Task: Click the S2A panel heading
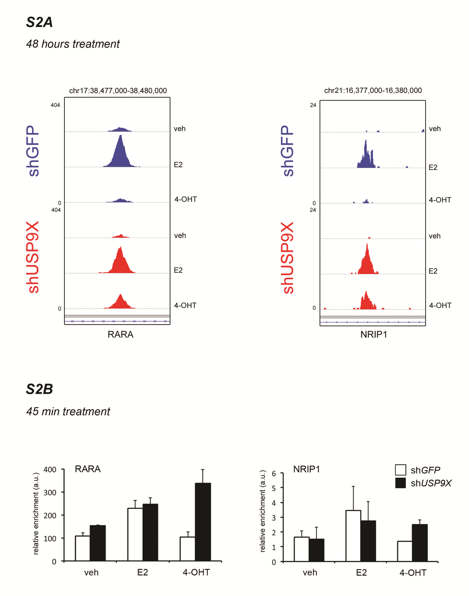(x=39, y=22)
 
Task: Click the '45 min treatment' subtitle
(x=68, y=411)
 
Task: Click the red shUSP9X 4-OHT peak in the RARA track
(x=120, y=303)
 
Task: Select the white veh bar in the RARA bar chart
(x=82, y=548)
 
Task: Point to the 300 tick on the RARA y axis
(x=50, y=493)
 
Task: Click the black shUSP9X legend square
(x=400, y=483)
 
